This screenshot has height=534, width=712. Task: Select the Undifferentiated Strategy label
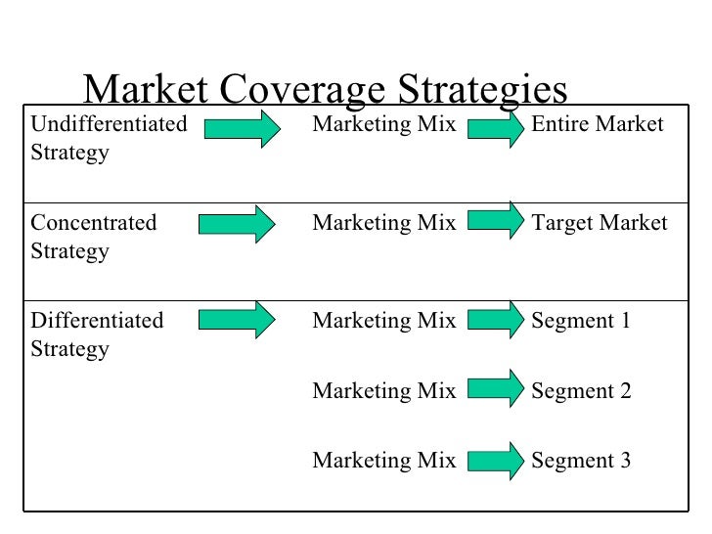pyautogui.click(x=109, y=139)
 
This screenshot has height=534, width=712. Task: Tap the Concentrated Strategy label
pyautogui.click(x=94, y=237)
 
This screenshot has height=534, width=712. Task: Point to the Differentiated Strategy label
pyautogui.click(x=98, y=334)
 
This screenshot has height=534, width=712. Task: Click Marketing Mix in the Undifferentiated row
pyautogui.click(x=383, y=125)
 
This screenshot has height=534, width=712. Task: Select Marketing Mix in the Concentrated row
pyautogui.click(x=383, y=223)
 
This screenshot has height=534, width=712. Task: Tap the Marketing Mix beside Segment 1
pyautogui.click(x=383, y=321)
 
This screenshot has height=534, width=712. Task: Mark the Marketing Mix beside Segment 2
pyautogui.click(x=383, y=391)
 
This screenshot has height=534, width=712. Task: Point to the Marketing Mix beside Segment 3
pyautogui.click(x=383, y=461)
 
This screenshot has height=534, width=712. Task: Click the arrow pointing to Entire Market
pyautogui.click(x=495, y=127)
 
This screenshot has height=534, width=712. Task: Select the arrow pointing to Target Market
pyautogui.click(x=495, y=221)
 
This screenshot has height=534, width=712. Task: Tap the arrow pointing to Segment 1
pyautogui.click(x=495, y=319)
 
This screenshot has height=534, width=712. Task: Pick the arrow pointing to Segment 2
pyautogui.click(x=495, y=388)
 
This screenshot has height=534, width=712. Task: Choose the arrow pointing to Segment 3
pyautogui.click(x=495, y=460)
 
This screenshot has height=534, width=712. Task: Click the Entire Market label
pyautogui.click(x=597, y=125)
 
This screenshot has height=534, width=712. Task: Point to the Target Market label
pyautogui.click(x=599, y=223)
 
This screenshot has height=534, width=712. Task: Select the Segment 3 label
pyautogui.click(x=581, y=461)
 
